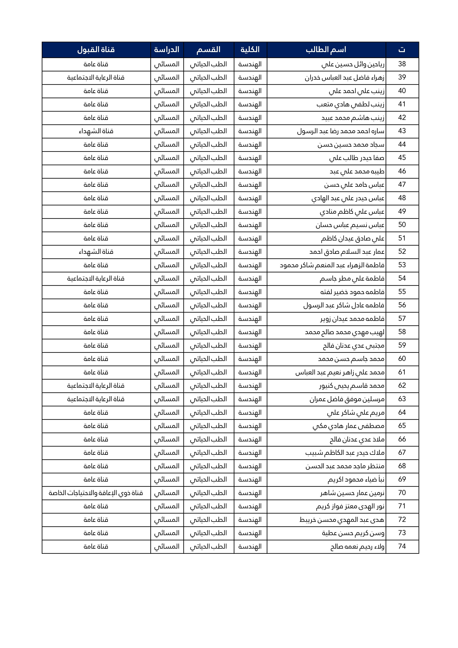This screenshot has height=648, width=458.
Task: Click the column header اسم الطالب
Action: tap(326, 50)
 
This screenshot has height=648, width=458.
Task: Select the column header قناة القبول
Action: tap(96, 50)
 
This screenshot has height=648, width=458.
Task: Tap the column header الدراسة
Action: tap(167, 50)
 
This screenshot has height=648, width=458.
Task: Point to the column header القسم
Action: tap(209, 50)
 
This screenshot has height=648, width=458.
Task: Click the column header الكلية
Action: tap(250, 50)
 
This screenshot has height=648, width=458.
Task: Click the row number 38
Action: tap(402, 64)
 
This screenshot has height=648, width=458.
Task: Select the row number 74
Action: tap(402, 546)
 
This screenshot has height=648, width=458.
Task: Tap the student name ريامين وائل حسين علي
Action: tap(353, 64)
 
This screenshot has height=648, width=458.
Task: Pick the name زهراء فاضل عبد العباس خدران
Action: tap(344, 78)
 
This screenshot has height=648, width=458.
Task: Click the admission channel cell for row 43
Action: tap(96, 131)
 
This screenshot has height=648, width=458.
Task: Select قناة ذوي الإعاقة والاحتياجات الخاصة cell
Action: tap(96, 493)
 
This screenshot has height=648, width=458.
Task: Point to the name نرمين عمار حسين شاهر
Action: tap(352, 493)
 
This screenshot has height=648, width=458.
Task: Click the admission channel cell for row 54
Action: tap(96, 279)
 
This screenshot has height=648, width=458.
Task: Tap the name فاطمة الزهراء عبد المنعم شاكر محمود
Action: tap(332, 265)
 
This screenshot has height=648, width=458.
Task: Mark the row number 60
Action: tap(402, 359)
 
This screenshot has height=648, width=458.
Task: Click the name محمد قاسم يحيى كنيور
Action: tap(352, 386)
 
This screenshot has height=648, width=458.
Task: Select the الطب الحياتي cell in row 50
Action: tap(209, 225)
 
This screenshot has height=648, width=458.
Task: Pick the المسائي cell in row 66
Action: tap(167, 439)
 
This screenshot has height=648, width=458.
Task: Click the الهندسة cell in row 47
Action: tap(250, 185)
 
